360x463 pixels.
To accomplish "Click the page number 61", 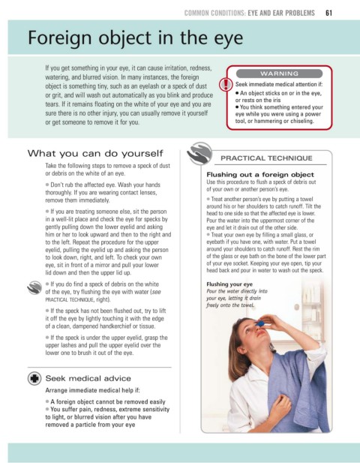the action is [x=328, y=13].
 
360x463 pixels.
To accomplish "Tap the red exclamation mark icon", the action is [x=226, y=84].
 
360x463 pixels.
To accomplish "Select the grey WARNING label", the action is [x=279, y=74].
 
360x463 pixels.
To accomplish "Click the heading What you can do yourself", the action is [x=95, y=154].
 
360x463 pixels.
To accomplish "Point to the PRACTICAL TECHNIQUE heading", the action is [x=266, y=158].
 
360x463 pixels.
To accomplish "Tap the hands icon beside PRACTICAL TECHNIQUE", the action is [x=199, y=153].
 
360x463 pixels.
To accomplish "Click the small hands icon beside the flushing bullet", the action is [x=34, y=287].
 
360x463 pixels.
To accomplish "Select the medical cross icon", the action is [x=34, y=378].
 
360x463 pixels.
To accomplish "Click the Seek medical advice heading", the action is [x=88, y=378].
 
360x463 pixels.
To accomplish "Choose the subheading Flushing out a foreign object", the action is [x=260, y=175].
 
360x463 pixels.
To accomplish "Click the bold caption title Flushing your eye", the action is [x=229, y=284].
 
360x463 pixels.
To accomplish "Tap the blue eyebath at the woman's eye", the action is [x=260, y=323].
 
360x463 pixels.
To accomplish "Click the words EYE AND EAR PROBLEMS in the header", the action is [x=281, y=13].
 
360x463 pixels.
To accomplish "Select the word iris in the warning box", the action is [x=275, y=100].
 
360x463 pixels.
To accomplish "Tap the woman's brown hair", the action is [x=240, y=345].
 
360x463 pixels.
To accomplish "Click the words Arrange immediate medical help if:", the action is [x=93, y=390].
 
